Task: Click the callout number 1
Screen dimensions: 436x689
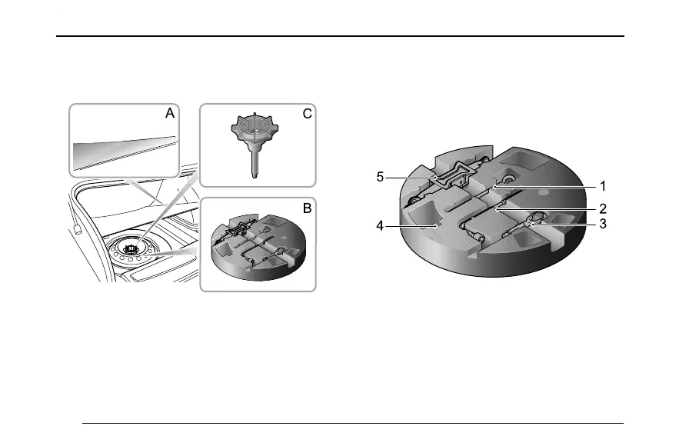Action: click(x=604, y=186)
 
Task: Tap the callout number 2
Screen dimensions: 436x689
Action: click(x=604, y=208)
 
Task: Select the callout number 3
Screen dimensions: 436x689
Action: click(x=604, y=224)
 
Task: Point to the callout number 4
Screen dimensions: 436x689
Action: click(x=380, y=226)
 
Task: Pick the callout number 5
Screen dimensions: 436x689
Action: click(x=380, y=177)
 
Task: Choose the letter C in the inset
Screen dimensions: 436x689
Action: click(x=306, y=114)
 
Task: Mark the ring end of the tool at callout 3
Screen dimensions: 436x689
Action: click(x=538, y=218)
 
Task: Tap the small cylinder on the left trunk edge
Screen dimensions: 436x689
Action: click(x=77, y=228)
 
